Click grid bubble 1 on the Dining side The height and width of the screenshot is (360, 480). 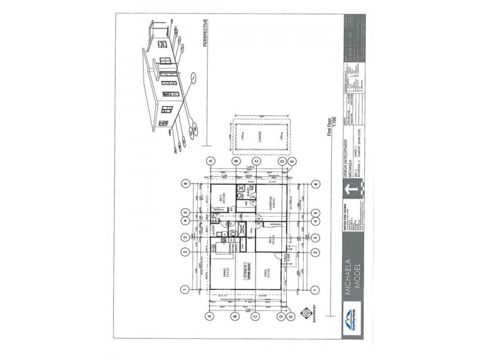[x=186, y=289]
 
